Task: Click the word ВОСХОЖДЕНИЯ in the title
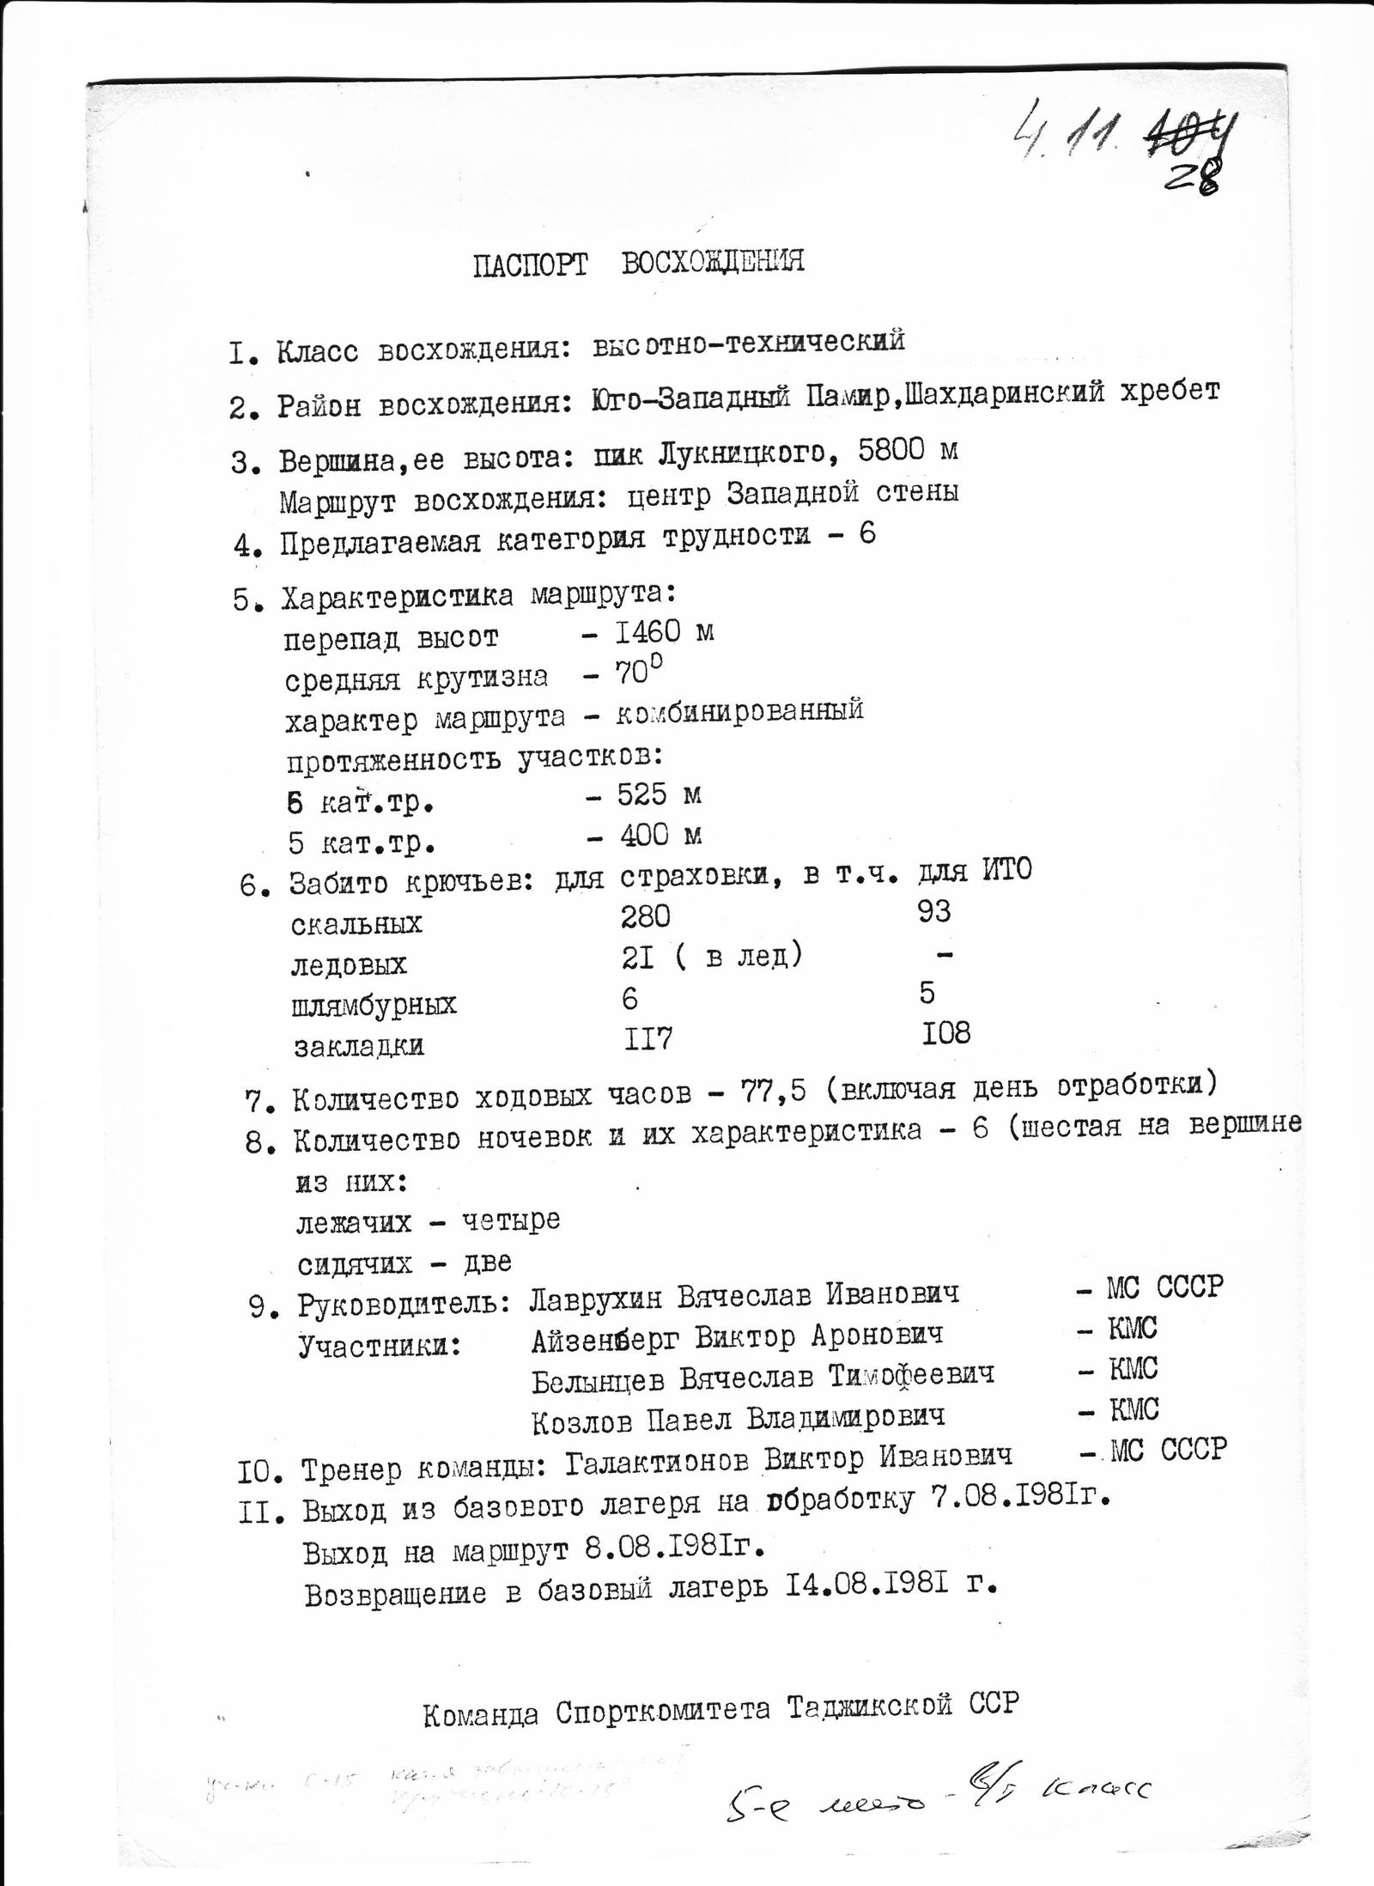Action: pyautogui.click(x=713, y=261)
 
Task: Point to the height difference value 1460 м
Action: pyautogui.click(x=664, y=633)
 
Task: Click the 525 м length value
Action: pyautogui.click(x=659, y=794)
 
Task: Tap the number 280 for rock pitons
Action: pyautogui.click(x=645, y=917)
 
